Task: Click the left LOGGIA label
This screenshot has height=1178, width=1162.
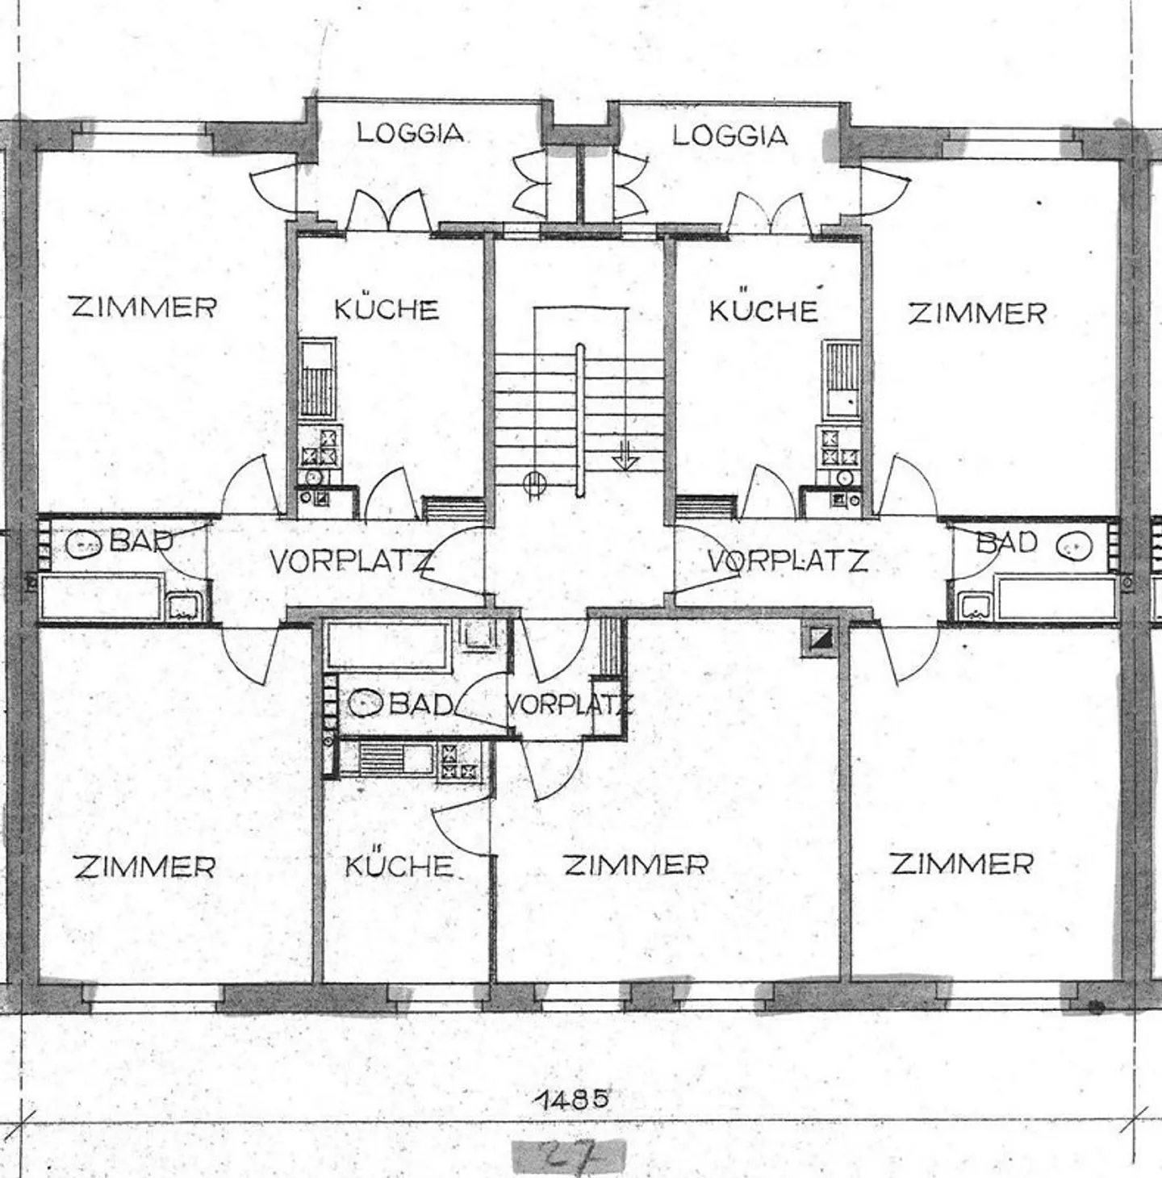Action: (x=410, y=132)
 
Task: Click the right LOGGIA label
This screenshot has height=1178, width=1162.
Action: (x=729, y=136)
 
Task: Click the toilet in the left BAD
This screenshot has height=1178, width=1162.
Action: (x=84, y=544)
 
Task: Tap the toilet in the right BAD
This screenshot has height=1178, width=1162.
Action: (x=1075, y=545)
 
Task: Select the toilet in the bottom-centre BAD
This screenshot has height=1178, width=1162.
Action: (x=365, y=703)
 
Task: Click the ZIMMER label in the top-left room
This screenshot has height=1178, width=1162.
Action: (x=144, y=307)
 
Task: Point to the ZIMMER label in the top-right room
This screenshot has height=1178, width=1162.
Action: (x=976, y=313)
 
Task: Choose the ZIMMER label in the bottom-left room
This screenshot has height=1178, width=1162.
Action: (x=144, y=867)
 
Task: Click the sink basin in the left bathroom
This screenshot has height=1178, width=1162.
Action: (x=182, y=607)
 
